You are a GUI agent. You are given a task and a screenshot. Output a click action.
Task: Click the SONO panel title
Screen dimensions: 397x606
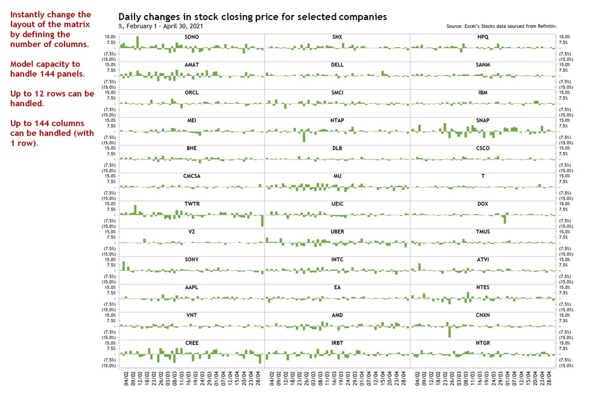192,37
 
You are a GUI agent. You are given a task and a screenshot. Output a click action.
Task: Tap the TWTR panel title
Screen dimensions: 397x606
192,204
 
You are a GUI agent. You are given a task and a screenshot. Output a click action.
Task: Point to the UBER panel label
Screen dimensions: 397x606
337,232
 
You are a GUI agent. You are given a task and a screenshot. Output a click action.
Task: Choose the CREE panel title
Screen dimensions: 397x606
192,343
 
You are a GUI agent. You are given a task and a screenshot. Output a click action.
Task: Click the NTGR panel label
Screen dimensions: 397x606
482,343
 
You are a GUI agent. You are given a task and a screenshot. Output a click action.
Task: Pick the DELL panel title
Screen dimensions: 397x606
337,65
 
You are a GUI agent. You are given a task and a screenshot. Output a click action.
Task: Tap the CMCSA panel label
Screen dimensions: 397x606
192,176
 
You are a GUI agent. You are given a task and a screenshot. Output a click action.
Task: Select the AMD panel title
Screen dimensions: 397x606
337,315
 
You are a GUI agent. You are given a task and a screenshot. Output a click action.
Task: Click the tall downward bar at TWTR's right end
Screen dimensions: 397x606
262,221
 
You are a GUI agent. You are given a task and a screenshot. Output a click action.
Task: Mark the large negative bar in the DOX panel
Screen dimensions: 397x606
504,220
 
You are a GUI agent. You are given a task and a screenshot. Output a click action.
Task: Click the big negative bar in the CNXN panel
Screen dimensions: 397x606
449,331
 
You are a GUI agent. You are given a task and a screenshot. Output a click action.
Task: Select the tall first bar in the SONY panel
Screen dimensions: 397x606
124,265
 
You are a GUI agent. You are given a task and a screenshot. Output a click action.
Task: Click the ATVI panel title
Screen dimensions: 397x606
482,259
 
